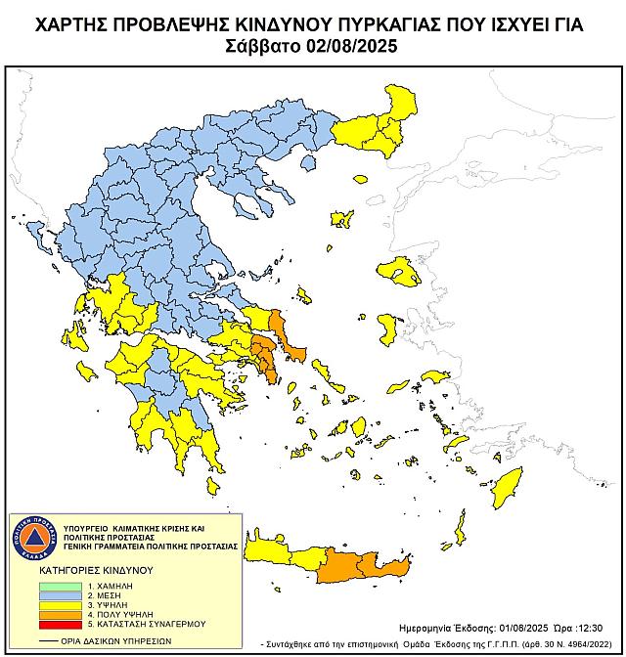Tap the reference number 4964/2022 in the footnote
pyautogui.click(x=583, y=643)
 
